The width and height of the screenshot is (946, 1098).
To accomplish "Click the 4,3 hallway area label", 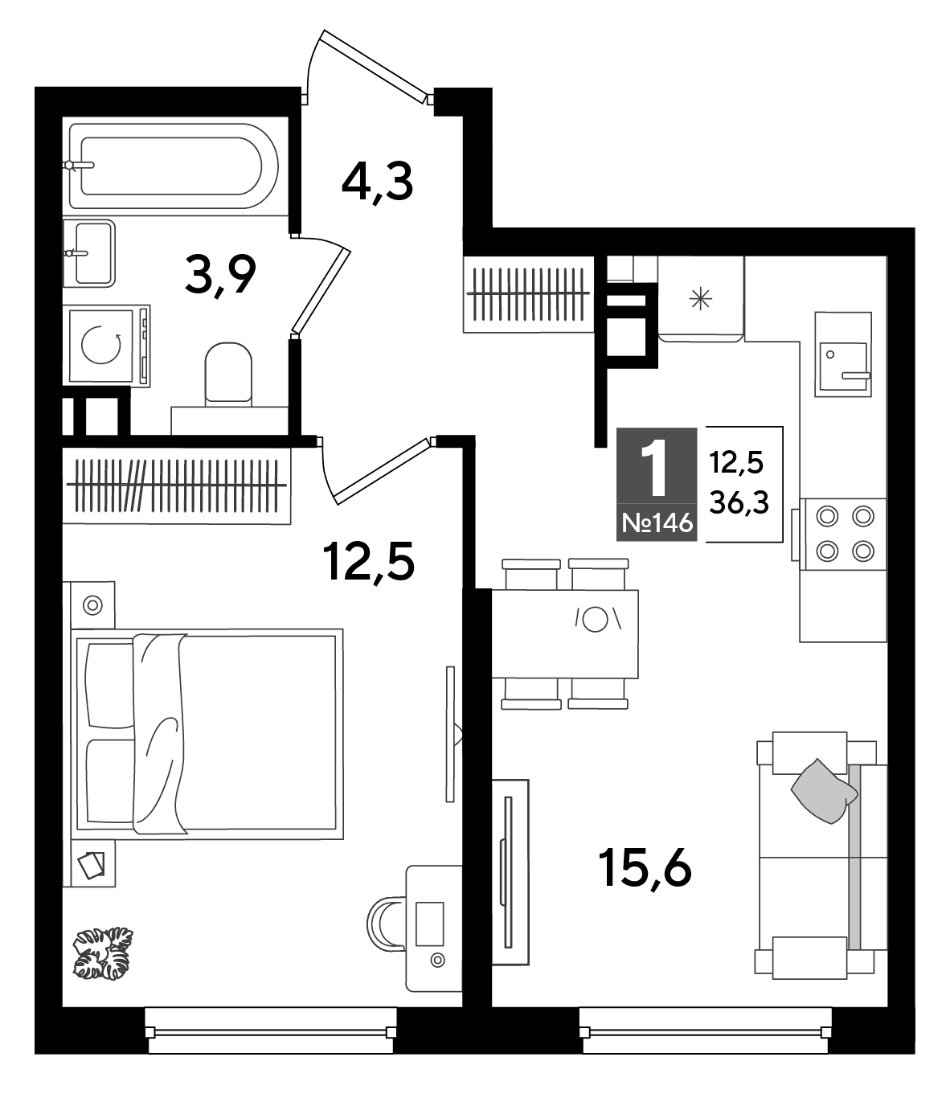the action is click(x=377, y=183).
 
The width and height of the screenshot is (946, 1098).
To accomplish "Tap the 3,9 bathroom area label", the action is click(x=220, y=275).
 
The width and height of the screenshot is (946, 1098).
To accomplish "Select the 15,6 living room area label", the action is click(x=645, y=868).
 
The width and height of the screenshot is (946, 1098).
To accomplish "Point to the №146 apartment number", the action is click(x=657, y=524).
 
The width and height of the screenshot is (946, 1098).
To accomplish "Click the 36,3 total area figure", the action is click(x=739, y=503).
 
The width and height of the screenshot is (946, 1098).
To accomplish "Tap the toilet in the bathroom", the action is click(x=228, y=374).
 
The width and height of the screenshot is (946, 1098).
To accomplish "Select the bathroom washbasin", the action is click(x=89, y=253).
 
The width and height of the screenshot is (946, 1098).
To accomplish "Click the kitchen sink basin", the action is click(x=843, y=366).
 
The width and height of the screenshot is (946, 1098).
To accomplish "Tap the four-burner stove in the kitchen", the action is click(x=844, y=534).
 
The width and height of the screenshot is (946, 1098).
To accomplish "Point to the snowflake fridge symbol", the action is click(x=701, y=299).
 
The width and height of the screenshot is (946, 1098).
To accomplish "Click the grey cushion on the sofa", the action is click(x=824, y=791).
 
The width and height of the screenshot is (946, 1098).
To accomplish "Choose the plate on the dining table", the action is click(x=595, y=620).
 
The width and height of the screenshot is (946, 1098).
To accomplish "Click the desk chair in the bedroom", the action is click(x=386, y=924).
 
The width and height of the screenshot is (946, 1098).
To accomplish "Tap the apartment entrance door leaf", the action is click(x=376, y=66).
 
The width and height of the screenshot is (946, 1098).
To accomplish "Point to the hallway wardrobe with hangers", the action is click(x=529, y=294).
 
